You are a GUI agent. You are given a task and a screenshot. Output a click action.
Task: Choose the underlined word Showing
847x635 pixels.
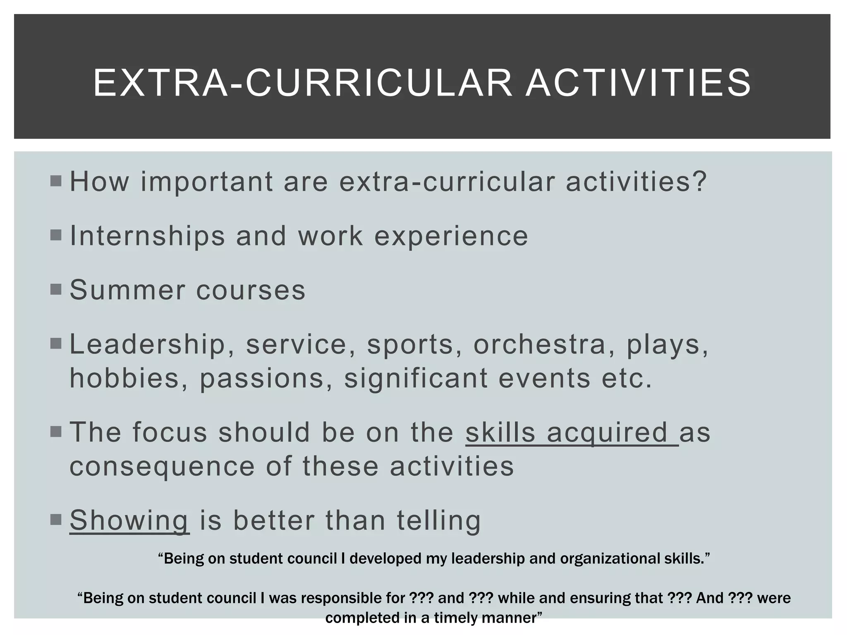tap(129, 520)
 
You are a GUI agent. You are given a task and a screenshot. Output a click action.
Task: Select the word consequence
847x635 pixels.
tap(162, 466)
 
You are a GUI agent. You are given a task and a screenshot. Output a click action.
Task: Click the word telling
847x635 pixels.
tap(439, 520)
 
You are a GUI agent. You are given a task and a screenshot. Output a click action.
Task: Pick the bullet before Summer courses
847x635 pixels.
tap(56, 289)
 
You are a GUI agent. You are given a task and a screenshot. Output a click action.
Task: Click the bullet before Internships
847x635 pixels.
tap(56, 235)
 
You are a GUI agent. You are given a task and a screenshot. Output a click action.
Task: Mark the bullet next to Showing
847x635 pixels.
tap(56, 520)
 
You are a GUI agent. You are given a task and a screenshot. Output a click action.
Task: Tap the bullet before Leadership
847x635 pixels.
tap(56, 344)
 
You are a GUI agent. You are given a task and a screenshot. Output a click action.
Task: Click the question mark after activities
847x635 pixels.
tap(700, 181)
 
